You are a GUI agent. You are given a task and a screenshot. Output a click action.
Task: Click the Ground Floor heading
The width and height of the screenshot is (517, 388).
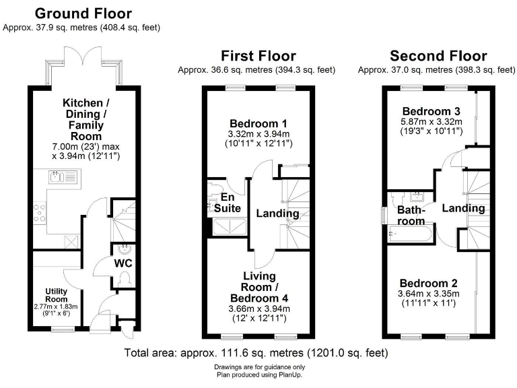click(x=83, y=13)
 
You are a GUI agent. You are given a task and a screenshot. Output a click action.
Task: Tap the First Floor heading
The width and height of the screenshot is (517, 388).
click(x=258, y=55)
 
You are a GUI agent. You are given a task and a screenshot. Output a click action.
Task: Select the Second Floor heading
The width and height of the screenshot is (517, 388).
click(x=438, y=55)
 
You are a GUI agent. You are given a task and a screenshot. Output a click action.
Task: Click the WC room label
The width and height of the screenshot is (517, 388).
click(x=122, y=262)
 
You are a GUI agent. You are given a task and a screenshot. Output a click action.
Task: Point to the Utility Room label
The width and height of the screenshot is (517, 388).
click(x=56, y=294)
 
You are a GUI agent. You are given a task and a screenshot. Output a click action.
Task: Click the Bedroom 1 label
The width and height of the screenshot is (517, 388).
click(x=258, y=123)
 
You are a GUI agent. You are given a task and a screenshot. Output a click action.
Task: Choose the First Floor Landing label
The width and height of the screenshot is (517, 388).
click(x=277, y=214)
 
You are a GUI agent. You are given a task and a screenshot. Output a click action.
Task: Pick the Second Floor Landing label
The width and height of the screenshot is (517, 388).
click(x=464, y=208)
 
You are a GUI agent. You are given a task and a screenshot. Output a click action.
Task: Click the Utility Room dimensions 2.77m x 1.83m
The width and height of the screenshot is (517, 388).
click(x=57, y=306)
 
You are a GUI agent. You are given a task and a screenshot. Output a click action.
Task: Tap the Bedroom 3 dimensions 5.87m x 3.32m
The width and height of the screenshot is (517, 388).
click(x=432, y=122)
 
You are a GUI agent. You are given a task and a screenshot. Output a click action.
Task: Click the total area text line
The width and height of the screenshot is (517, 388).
click(x=256, y=353)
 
